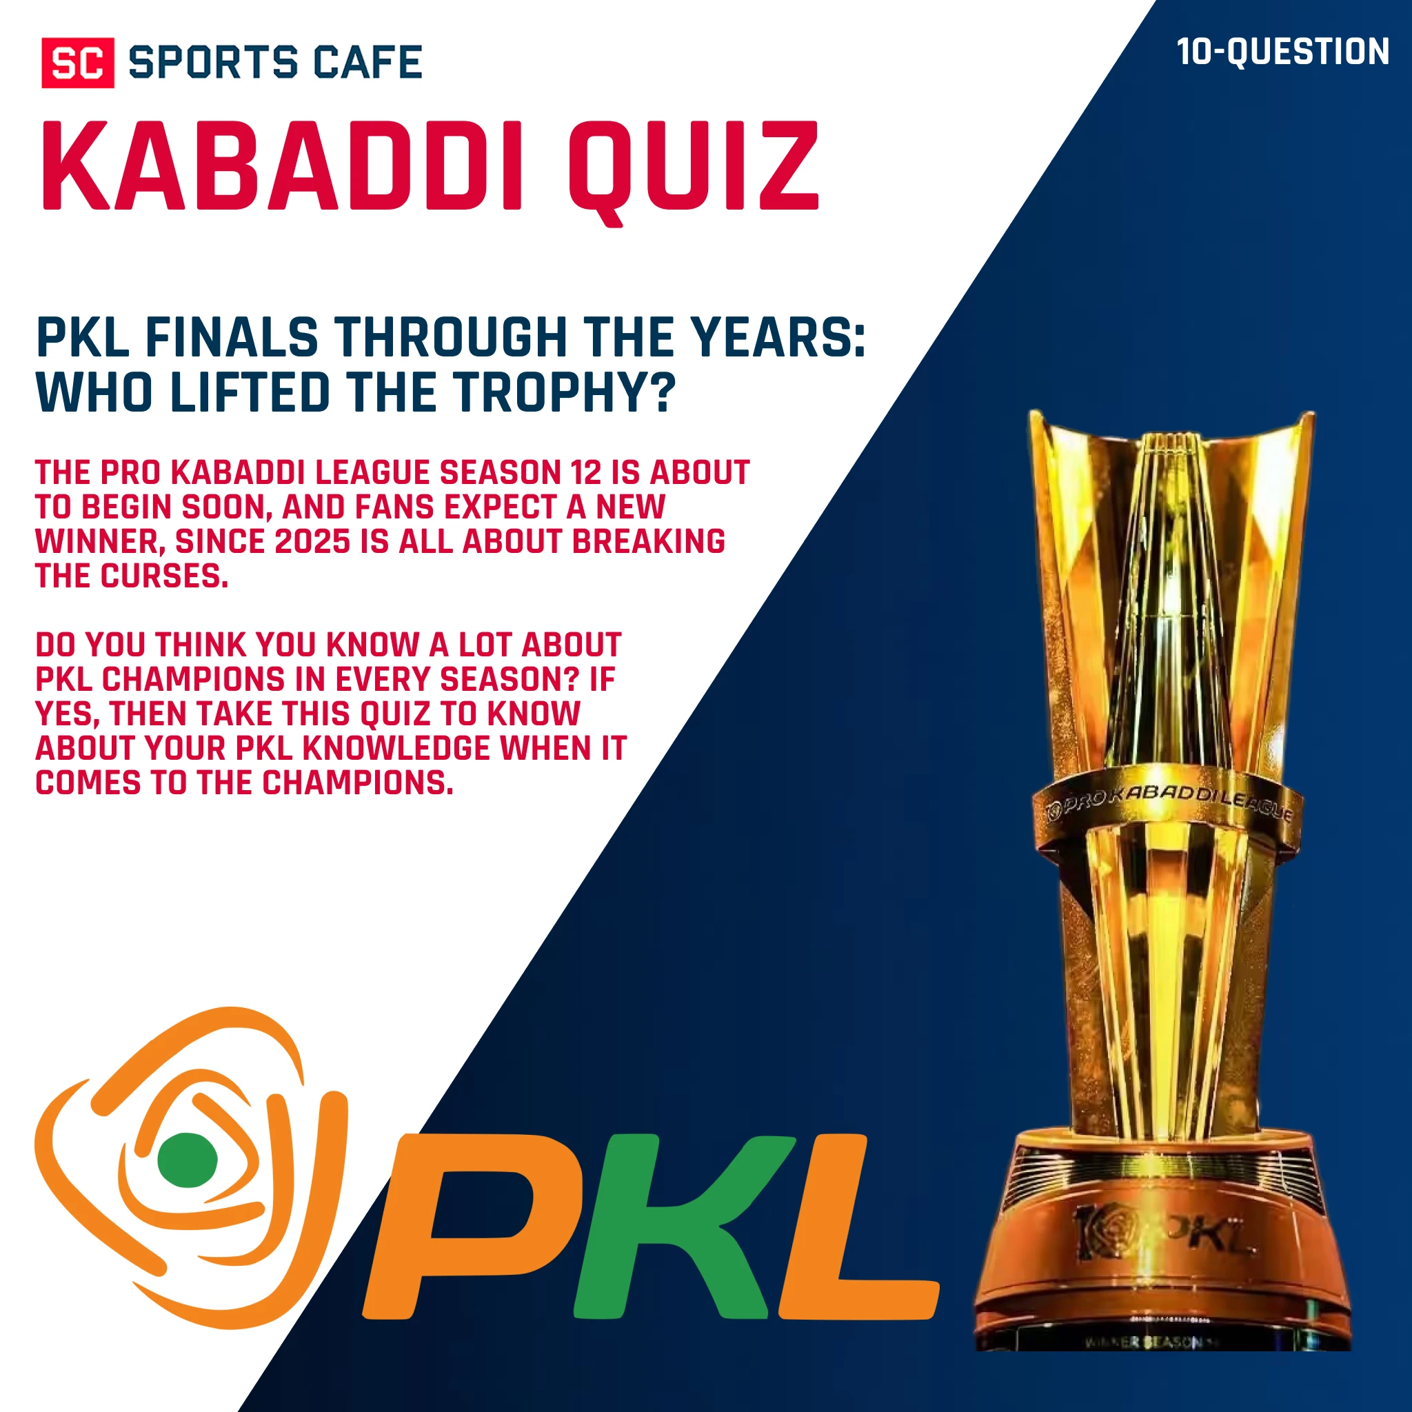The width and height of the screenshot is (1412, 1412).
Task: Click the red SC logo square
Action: tap(77, 63)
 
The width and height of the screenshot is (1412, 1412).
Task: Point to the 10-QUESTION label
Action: tap(1282, 52)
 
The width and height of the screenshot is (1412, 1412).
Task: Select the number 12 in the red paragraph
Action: tap(585, 473)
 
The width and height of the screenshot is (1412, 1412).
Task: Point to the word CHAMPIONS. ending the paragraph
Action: tap(357, 783)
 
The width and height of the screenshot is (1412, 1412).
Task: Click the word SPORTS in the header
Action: tap(212, 62)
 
